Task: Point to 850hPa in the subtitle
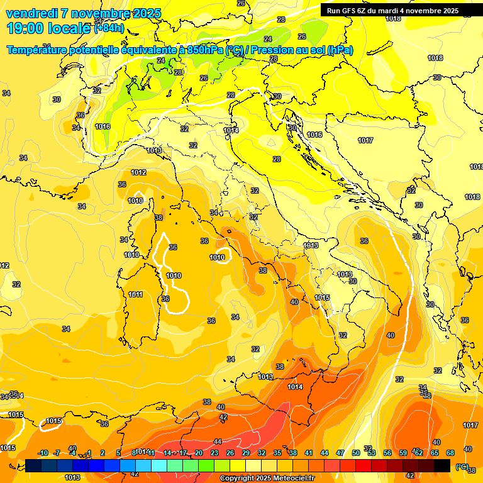pyautogui.click(x=205, y=50)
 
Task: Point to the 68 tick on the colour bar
pyautogui.click(x=450, y=453)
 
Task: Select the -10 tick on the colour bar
pyautogui.click(x=43, y=453)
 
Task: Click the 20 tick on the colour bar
pyautogui.click(x=199, y=453)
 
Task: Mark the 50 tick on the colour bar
pyautogui.click(x=356, y=453)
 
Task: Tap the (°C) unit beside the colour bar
pyautogui.click(x=462, y=466)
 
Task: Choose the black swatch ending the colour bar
pyautogui.click(x=442, y=465)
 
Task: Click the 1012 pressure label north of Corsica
pyautogui.click(x=138, y=172)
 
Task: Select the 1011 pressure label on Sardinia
pyautogui.click(x=135, y=294)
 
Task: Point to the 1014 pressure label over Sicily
pyautogui.click(x=295, y=387)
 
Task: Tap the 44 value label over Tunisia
pyautogui.click(x=218, y=441)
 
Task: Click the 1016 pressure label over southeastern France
pyautogui.click(x=103, y=126)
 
